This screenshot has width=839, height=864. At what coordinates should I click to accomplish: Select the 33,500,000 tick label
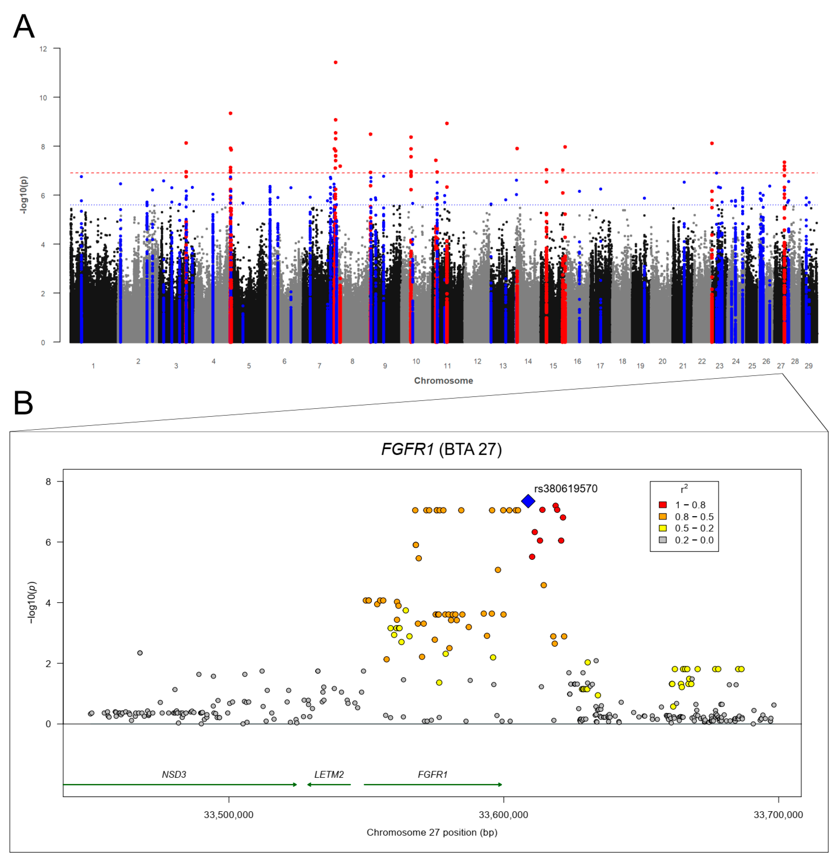pos(228,815)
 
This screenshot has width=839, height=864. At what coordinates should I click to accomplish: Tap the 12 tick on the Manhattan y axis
pos(43,49)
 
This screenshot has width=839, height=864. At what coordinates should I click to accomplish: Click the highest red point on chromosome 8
pos(335,63)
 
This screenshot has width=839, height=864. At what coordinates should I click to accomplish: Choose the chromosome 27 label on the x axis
pos(780,366)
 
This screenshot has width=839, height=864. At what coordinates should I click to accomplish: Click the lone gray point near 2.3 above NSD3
pos(140,653)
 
